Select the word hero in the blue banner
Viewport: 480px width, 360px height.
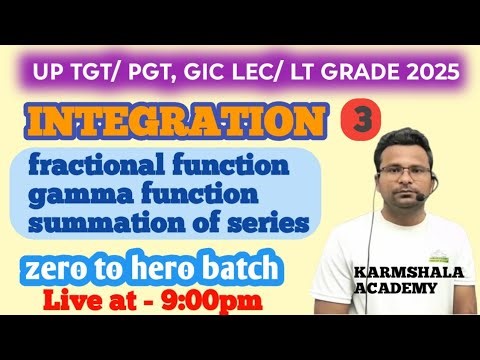(x=183, y=269)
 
